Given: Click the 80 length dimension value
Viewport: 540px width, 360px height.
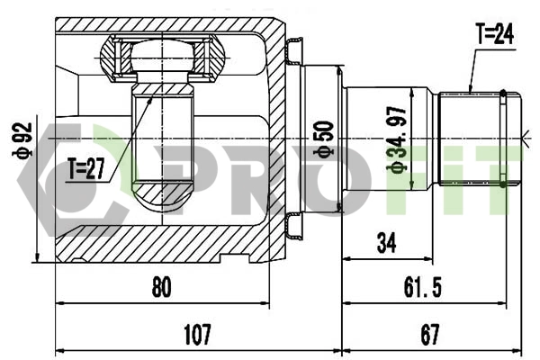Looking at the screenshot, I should point(161,288).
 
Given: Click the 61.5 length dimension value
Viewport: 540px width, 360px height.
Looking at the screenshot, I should point(422,288).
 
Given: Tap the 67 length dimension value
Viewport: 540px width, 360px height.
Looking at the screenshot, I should point(429,335).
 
